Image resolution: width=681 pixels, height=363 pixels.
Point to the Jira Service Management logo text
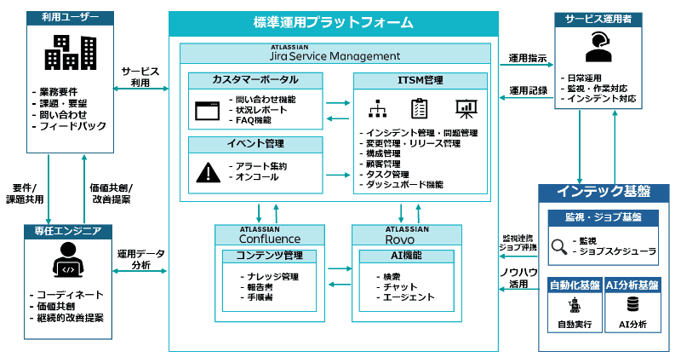pos(335,55)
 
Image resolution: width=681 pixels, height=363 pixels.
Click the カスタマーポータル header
pos(255,80)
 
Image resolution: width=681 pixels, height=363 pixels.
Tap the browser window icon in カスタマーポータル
pos(207,110)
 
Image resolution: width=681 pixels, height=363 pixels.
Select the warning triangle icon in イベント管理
pos(207,172)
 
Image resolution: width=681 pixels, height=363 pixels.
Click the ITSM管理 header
pos(421,80)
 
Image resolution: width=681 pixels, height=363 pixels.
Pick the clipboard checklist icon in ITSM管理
pos(420,108)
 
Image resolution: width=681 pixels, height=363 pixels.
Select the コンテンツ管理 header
pos(269,255)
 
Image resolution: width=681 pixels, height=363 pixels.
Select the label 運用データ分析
pos(140,260)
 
